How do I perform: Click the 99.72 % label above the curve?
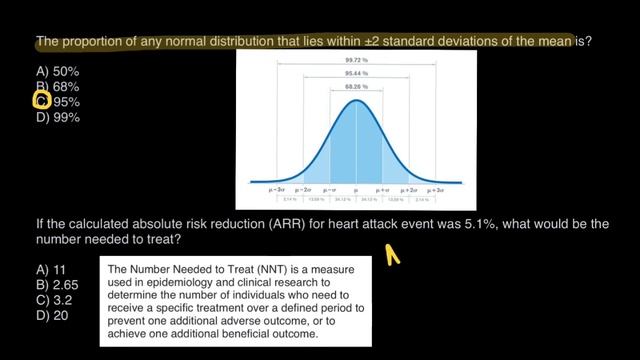356,60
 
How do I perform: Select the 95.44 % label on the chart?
356,74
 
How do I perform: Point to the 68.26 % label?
356,88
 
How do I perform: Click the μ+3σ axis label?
435,188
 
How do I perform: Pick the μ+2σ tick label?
409,188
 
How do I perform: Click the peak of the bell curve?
356,102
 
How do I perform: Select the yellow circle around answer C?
42,101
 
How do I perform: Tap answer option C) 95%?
62,102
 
